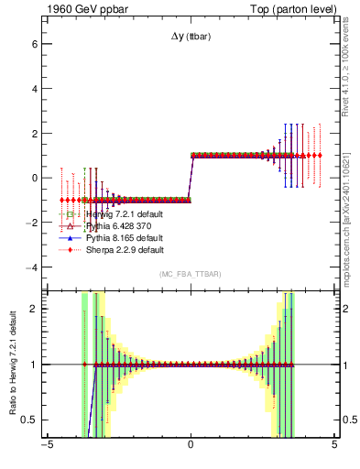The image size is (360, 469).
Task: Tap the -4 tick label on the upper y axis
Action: point(30,267)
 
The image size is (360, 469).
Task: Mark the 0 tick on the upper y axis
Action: point(33,178)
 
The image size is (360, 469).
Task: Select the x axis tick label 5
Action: point(334,447)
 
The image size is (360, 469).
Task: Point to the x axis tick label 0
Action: point(191,447)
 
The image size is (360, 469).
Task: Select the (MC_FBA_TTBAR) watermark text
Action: point(191,275)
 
